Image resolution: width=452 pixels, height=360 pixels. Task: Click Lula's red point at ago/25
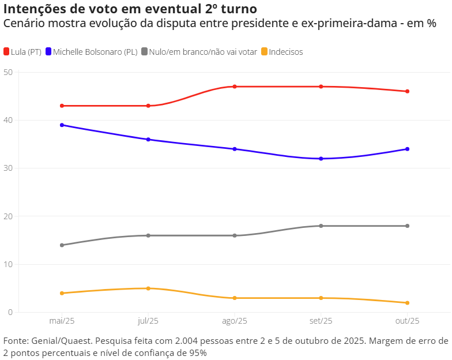pyautogui.click(x=235, y=87)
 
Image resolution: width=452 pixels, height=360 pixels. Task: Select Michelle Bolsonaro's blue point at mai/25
pyautogui.click(x=62, y=125)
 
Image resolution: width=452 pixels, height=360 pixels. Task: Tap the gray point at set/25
pyautogui.click(x=321, y=226)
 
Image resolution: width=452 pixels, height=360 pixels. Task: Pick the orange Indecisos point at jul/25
pyautogui.click(x=148, y=288)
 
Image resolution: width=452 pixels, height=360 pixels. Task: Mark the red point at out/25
pyautogui.click(x=408, y=91)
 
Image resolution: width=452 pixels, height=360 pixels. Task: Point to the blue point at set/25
pyautogui.click(x=321, y=159)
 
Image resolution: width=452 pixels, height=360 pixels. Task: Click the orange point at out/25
pyautogui.click(x=408, y=303)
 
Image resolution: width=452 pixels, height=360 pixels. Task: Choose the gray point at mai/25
pyautogui.click(x=62, y=245)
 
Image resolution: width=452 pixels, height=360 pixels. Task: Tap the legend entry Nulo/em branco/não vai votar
pyautogui.click(x=202, y=52)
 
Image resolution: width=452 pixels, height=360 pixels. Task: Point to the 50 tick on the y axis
pyautogui.click(x=7, y=72)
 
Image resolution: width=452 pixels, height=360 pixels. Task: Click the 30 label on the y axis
pyautogui.click(x=7, y=168)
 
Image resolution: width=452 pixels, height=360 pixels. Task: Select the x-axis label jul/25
pyautogui.click(x=148, y=321)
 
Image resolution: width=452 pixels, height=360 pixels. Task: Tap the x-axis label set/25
pyautogui.click(x=321, y=321)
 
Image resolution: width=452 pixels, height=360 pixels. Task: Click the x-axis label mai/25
pyautogui.click(x=62, y=321)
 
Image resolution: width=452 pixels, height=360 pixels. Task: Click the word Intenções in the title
pyautogui.click(x=34, y=9)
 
